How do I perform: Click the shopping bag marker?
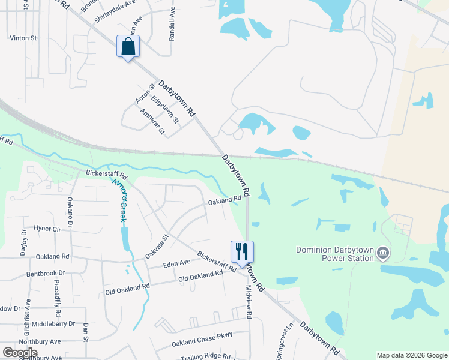tap(128, 47)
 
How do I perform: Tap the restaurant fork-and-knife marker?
tap(242, 252)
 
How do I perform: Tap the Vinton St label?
tap(23, 38)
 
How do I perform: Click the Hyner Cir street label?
tap(47, 229)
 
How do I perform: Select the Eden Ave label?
tap(176, 263)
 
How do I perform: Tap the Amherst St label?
tap(152, 121)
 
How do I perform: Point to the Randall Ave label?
tap(172, 24)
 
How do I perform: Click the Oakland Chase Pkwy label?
tap(202, 343)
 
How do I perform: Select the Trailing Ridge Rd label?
tap(205, 356)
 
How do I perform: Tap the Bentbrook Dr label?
tap(45, 273)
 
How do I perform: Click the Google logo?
tap(20, 353)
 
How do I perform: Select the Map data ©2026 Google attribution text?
tap(412, 355)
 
